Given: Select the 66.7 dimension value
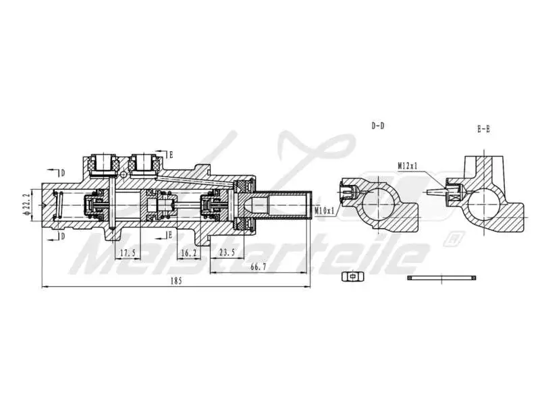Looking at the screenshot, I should coord(259,267).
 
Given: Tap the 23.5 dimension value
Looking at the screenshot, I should coord(227,253).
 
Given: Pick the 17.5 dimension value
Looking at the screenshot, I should coord(128,253).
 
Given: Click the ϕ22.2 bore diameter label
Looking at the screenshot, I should coord(26,203).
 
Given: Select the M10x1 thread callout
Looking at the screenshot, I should coord(325,211).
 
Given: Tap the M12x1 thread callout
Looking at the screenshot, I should coord(408,165).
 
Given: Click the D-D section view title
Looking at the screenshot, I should coord(379,126).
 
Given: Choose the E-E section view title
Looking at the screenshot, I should coord(483,130).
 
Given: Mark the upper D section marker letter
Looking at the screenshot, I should coord(63,173).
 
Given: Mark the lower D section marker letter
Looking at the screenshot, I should coord(63,236).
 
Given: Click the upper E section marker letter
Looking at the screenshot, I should coord(171,155).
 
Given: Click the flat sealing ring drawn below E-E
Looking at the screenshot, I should coord(442,277).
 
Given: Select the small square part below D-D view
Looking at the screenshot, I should coord(350,276).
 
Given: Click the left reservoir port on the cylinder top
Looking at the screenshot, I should coord(104,162).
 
